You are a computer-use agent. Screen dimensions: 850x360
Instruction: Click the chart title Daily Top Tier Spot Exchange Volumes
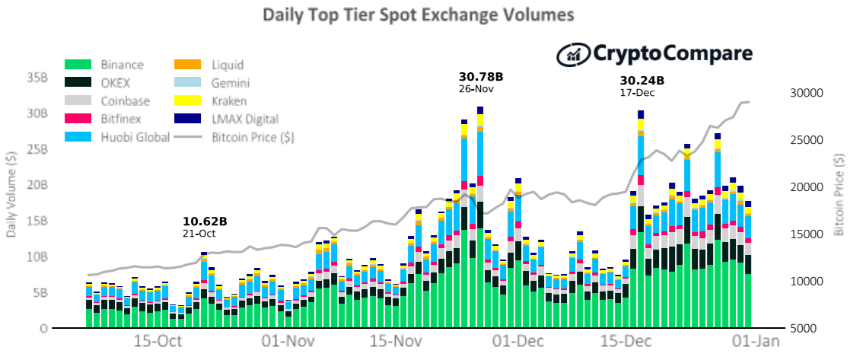click(418, 15)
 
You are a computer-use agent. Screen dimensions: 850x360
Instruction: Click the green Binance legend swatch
click(79, 65)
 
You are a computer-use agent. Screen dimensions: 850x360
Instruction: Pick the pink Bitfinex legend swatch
click(79, 118)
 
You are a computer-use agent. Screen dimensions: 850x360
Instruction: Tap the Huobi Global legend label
click(135, 137)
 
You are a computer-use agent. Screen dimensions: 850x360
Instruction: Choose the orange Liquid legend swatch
click(187, 65)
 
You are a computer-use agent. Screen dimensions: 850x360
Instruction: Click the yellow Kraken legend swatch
click(187, 100)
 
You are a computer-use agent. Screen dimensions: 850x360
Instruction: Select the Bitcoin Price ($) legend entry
click(234, 137)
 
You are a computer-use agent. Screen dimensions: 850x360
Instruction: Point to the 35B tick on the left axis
click(36, 78)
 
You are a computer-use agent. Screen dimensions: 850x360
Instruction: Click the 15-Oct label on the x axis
click(158, 342)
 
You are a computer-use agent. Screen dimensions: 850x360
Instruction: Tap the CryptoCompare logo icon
click(574, 54)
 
